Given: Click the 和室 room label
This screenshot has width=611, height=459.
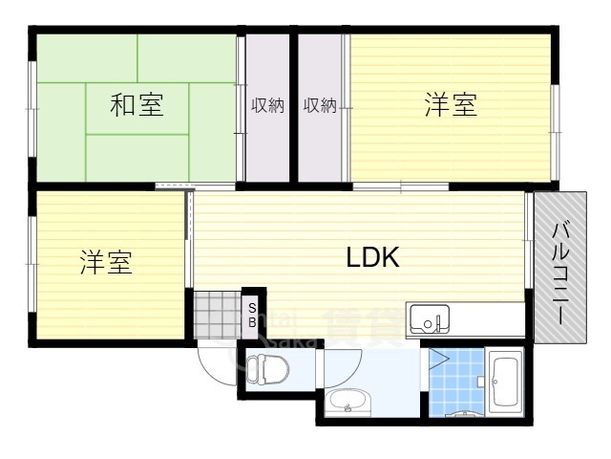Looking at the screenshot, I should pyautogui.click(x=137, y=105).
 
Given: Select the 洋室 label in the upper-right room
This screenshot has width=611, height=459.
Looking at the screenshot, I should pyautogui.click(x=451, y=105).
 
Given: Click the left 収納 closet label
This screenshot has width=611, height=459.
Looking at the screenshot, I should pyautogui.click(x=267, y=105).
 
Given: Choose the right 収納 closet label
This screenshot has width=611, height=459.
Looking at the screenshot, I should pyautogui.click(x=320, y=105).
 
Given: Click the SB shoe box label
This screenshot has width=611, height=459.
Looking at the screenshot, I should pyautogui.click(x=252, y=315).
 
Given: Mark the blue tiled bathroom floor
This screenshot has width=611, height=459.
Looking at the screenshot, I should pyautogui.click(x=456, y=382).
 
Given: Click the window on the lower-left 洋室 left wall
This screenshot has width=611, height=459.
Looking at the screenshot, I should pyautogui.click(x=32, y=263).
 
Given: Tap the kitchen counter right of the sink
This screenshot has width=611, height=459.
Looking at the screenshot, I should pyautogui.click(x=487, y=319).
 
